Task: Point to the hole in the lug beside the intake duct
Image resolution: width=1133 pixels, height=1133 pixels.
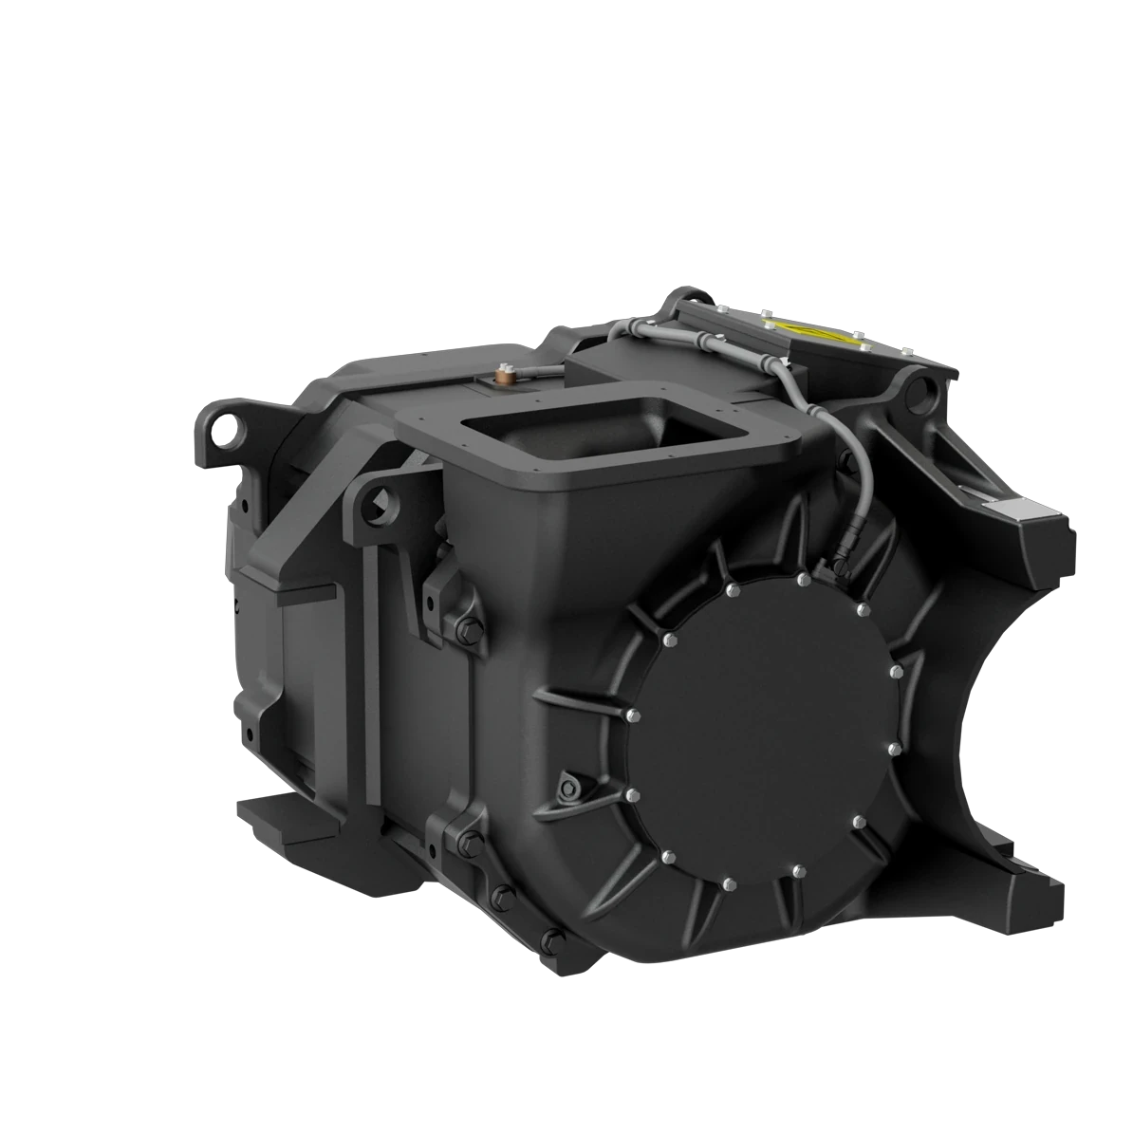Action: [x=381, y=497]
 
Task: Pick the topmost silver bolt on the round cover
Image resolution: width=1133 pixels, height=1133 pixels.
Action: [x=804, y=578]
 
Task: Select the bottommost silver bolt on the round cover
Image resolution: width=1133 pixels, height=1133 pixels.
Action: [x=728, y=883]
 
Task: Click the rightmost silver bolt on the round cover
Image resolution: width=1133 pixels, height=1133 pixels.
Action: [x=895, y=672]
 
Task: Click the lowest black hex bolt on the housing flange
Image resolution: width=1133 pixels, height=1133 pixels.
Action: [x=548, y=940]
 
